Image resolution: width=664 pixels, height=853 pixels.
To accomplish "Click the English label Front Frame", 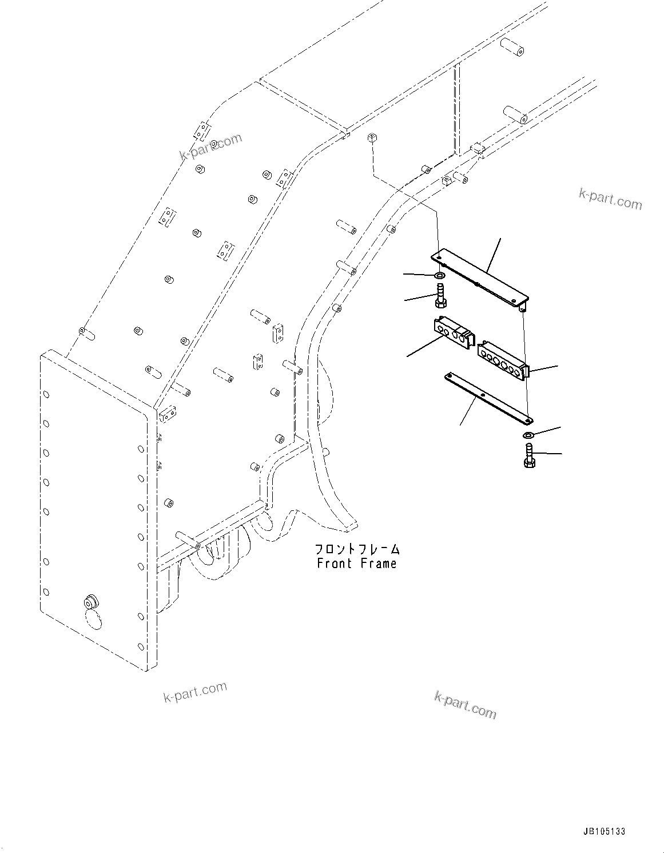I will [x=356, y=564].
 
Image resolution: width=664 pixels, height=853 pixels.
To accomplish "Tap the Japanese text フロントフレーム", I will [x=357, y=550].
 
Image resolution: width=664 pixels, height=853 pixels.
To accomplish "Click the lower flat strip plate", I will [x=487, y=398].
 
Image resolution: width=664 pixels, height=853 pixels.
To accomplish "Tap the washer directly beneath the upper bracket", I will [x=440, y=277].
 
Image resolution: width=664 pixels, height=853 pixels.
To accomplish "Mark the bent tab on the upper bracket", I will [x=523, y=308].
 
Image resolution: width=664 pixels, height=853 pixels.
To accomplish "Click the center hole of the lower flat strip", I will [x=483, y=395].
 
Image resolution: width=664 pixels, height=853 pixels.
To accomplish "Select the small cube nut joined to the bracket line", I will [x=372, y=138].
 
